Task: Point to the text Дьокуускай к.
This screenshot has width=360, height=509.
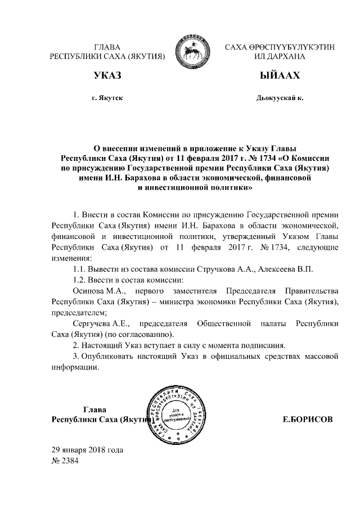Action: [x=279, y=98]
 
